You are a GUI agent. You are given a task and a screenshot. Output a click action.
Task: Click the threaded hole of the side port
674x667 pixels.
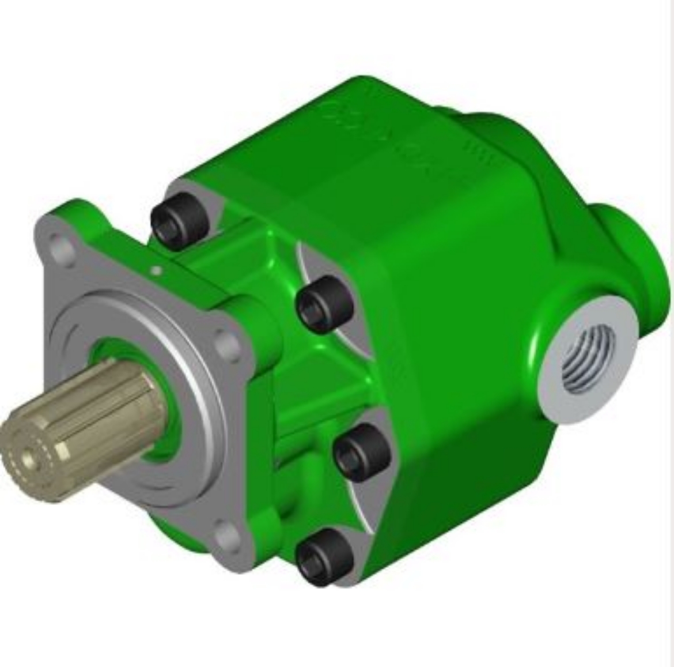pos(588,357)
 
